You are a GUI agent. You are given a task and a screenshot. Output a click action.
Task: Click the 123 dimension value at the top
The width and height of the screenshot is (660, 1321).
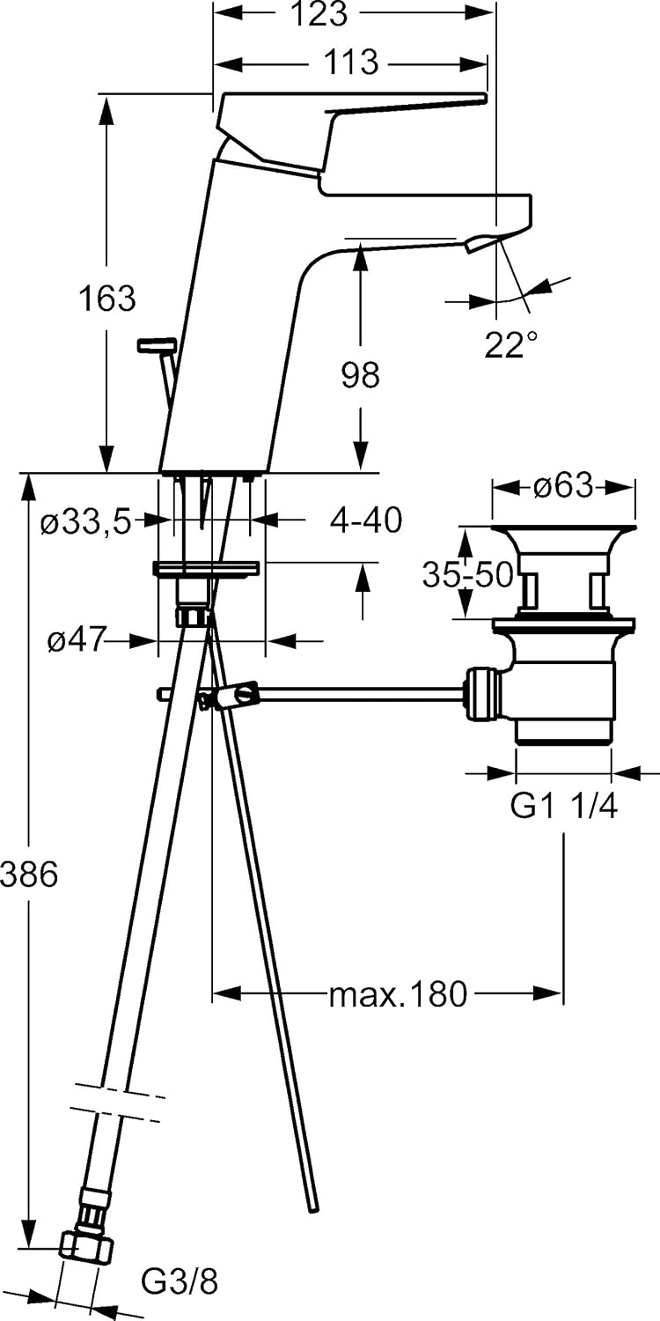[320, 14]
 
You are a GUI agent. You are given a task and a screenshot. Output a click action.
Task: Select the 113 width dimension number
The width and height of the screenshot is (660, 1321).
[352, 62]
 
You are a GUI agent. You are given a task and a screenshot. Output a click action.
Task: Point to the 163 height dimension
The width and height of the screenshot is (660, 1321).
[107, 298]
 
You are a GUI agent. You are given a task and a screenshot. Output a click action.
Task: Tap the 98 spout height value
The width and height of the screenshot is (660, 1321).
[360, 375]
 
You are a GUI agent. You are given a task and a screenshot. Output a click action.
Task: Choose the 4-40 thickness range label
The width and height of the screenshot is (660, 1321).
[365, 520]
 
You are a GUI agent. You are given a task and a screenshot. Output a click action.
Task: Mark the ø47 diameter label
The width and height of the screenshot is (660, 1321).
[77, 639]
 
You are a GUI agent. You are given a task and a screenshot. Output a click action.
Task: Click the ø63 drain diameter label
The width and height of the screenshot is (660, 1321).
[563, 486]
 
